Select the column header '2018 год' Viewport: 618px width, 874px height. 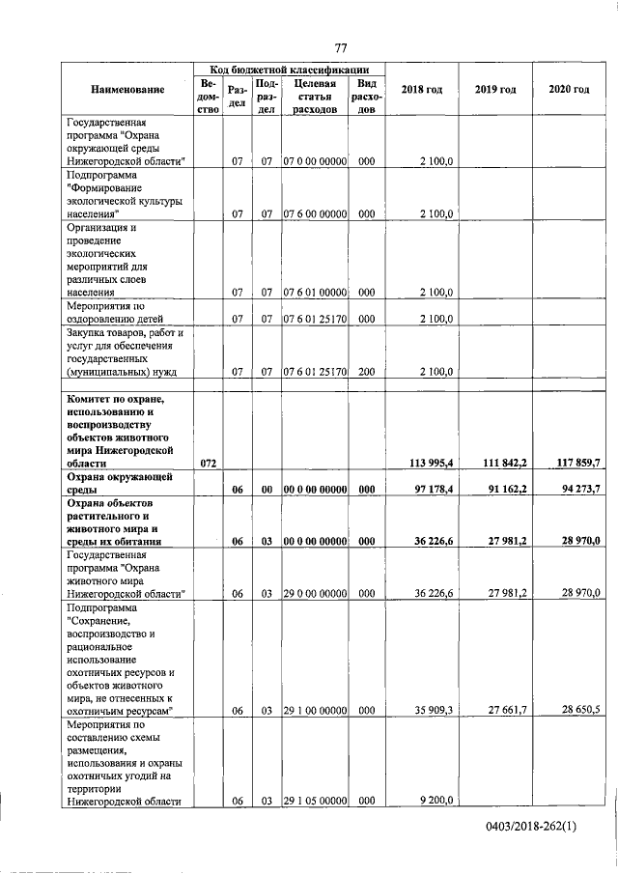(421, 90)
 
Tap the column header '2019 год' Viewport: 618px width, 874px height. (494, 90)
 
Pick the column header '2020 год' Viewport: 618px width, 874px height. (569, 90)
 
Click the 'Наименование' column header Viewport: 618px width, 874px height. (127, 90)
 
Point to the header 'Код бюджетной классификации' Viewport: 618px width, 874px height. (289, 70)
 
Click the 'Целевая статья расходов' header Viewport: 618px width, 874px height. (314, 97)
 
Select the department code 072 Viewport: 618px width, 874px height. (208, 464)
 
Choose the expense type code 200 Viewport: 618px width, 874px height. (365, 370)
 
